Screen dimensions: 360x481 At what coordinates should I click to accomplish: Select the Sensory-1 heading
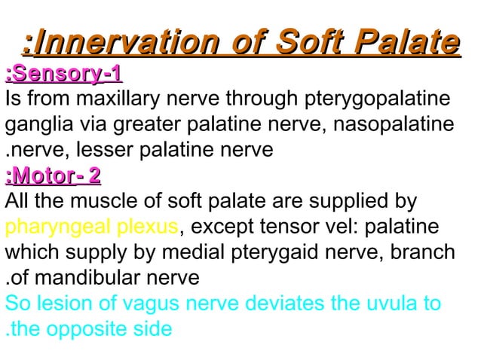(x=64, y=75)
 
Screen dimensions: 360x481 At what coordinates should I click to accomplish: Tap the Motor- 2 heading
(x=53, y=177)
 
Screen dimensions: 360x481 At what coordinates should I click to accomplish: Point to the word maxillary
(x=114, y=99)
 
